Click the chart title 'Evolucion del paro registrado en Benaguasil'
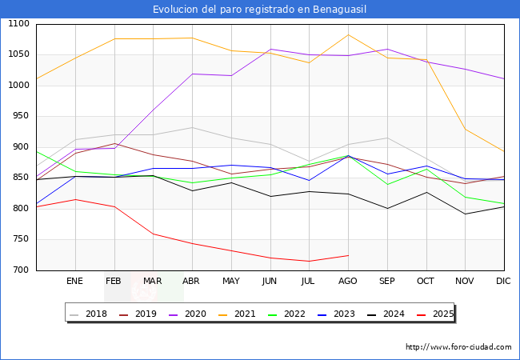tap(260, 9)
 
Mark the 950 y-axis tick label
tap(21, 116)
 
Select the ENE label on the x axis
tap(75, 281)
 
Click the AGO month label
tap(348, 281)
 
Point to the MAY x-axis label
tap(231, 281)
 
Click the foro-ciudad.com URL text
tap(458, 347)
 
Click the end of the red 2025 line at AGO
tap(348, 255)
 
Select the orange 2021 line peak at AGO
tap(348, 34)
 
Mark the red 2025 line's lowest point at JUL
tap(309, 261)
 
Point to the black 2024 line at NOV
tap(465, 214)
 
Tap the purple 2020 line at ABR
tap(192, 74)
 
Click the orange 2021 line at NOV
tap(465, 129)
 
